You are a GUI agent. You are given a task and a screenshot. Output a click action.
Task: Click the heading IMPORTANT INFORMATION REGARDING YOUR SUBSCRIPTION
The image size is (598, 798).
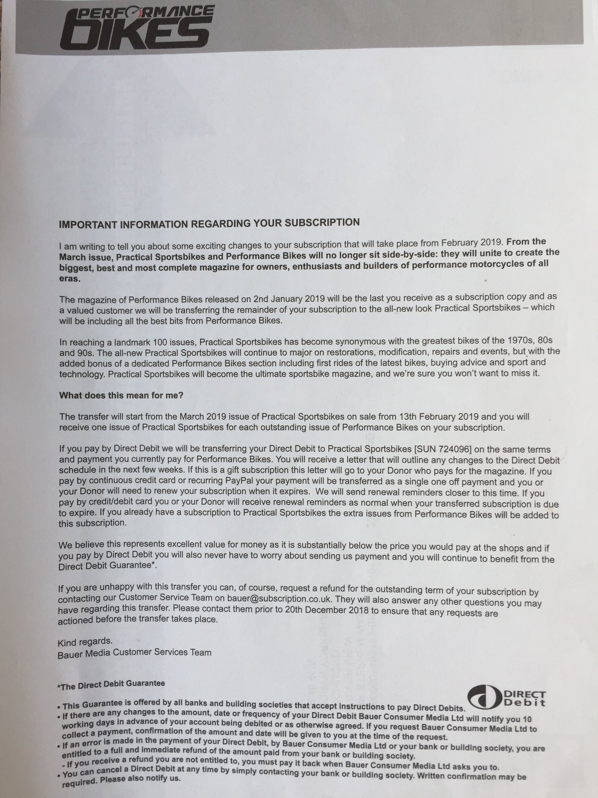point(209,222)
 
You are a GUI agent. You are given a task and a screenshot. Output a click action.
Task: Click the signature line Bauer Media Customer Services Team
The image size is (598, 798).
point(135,652)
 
